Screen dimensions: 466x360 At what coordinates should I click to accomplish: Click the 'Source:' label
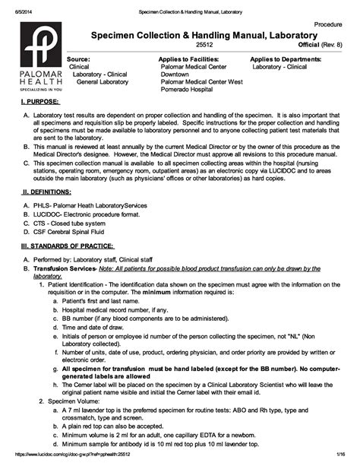78,59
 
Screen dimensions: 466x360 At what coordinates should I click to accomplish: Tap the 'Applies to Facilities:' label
189,59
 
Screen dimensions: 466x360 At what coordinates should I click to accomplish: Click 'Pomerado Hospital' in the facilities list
186,89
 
